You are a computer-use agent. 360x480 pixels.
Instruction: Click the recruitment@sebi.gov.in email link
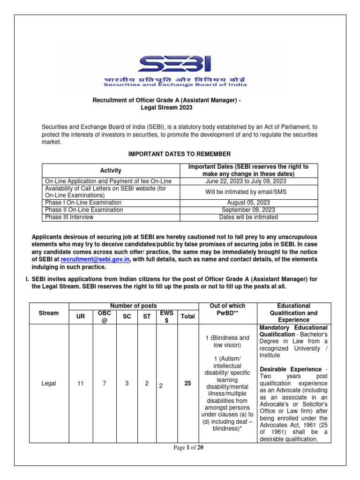point(96,259)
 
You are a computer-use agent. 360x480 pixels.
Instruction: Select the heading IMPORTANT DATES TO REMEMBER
point(180,154)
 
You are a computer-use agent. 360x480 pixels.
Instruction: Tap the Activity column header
point(111,171)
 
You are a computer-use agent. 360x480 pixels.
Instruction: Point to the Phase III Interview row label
point(69,217)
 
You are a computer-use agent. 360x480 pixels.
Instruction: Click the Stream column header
point(49,313)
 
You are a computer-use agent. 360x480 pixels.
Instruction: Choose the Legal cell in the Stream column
point(49,383)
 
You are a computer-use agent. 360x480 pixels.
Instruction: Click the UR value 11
point(81,383)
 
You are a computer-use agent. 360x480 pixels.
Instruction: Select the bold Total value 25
point(187,383)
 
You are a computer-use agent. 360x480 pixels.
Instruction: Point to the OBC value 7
point(104,383)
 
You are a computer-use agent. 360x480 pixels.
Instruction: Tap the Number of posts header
point(133,306)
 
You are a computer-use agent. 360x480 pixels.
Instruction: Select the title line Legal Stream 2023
point(166,107)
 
